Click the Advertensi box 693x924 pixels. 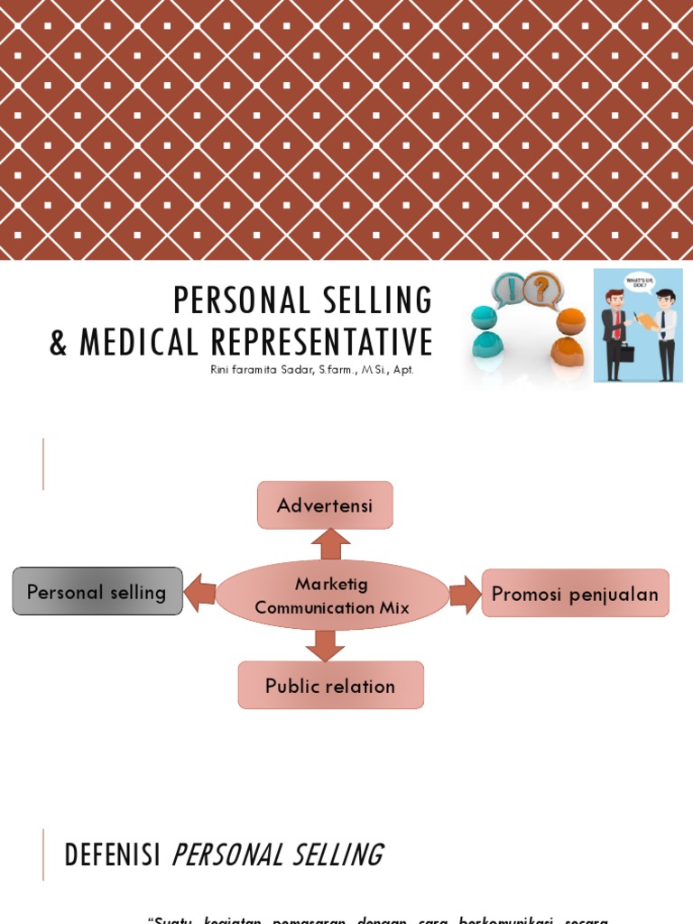pos(325,505)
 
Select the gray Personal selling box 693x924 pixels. pos(97,592)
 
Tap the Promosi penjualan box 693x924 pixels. pos(575,594)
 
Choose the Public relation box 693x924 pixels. pos(330,686)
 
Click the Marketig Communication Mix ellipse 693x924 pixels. pos(332,596)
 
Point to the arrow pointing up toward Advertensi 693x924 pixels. pos(330,544)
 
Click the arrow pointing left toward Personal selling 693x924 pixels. pos(200,594)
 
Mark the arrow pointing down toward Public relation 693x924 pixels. pos(325,645)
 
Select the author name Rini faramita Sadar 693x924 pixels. pos(263,371)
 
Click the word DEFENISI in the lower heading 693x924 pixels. pos(112,855)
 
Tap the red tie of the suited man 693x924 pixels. pos(617,325)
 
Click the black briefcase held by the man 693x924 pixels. pos(625,352)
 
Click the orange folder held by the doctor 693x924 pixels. pos(646,320)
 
